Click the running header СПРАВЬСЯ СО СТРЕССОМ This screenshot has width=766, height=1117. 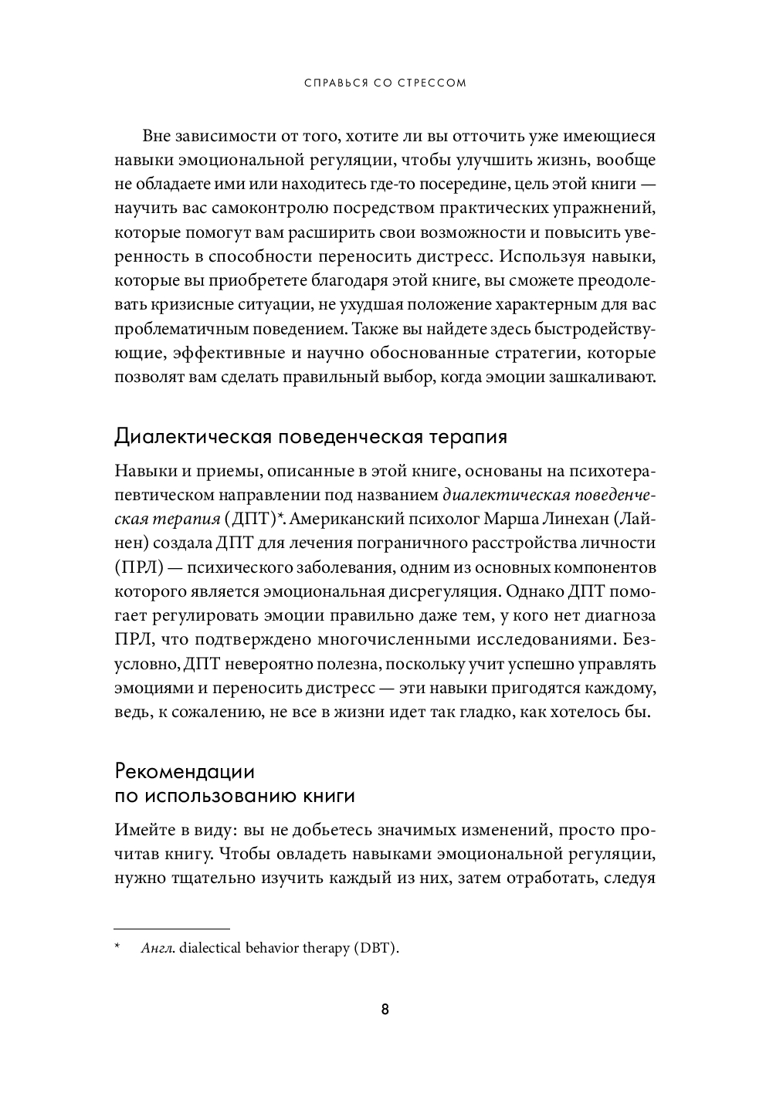pos(384,83)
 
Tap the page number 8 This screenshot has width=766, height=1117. pos(385,1010)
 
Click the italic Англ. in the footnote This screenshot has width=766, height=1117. pos(158,949)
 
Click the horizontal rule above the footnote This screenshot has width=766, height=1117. pos(171,928)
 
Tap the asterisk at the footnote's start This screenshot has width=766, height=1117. pos(118,947)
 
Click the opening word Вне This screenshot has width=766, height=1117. pos(157,137)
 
